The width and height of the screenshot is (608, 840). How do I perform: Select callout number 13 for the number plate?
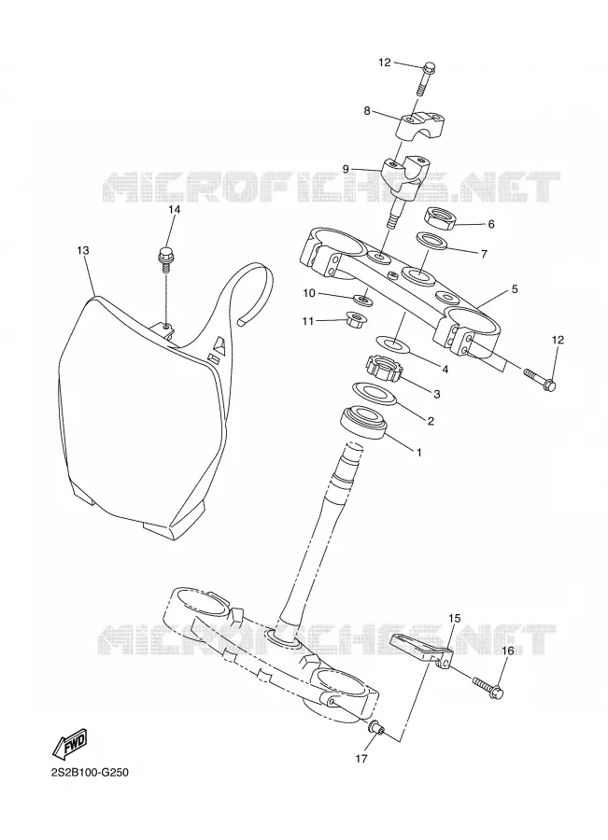(x=82, y=250)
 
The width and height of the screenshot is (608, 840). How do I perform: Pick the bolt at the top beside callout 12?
(x=426, y=78)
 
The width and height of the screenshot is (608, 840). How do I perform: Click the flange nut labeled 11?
(x=357, y=320)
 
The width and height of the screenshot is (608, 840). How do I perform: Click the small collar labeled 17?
(x=377, y=729)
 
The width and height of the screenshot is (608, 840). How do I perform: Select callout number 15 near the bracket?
(x=454, y=618)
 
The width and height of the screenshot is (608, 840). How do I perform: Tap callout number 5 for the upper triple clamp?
(x=515, y=289)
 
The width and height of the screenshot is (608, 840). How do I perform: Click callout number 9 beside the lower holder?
(x=346, y=169)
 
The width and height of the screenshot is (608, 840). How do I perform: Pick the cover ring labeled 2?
(x=375, y=393)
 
